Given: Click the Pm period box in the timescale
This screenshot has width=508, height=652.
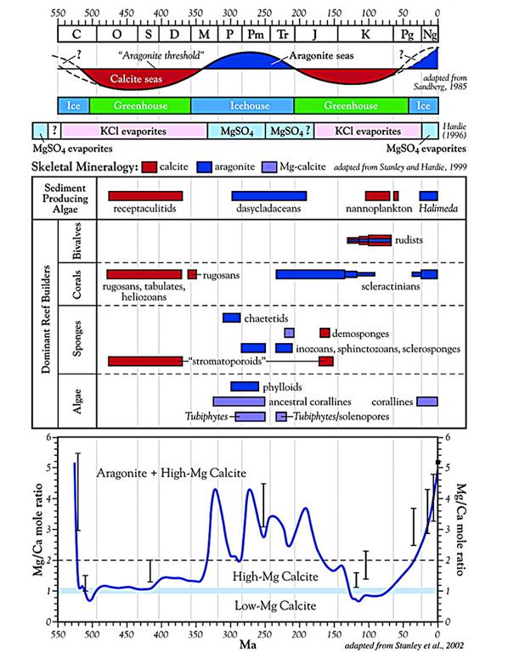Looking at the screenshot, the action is coord(256,34).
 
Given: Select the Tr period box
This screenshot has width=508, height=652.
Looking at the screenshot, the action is coord(283,34).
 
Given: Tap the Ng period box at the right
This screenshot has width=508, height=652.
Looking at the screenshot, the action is coord(430,34).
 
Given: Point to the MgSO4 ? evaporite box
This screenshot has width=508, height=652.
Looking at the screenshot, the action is coord(290,131).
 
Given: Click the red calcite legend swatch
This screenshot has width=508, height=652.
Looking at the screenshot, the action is coord(149,167).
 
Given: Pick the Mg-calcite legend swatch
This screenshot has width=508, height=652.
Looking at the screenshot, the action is coord(269,167).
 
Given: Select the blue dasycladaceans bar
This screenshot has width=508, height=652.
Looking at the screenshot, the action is coord(269,196).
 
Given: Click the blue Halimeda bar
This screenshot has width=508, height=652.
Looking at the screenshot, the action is coord(428,196).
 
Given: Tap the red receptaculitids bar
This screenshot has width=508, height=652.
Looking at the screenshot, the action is coord(145,196).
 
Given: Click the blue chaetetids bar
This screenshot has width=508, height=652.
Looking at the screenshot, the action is coord(232,318).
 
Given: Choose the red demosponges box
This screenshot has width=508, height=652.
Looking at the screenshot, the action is coord(325,333).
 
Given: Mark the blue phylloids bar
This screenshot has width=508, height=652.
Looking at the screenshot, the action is coord(245,386).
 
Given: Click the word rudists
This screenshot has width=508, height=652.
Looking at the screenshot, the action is coord(409,240).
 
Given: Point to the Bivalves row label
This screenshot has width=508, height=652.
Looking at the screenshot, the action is coord(77,241).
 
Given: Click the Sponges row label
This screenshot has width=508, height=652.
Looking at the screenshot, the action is coord(77,339).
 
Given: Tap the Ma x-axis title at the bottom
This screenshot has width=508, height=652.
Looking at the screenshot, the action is coord(248,644).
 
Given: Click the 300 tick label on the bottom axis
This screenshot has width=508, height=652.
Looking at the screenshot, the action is coord(229,634).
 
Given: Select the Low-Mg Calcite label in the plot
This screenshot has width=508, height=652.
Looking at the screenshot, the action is coord(275,605).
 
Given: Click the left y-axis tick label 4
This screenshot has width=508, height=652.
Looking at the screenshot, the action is coord(48,498).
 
